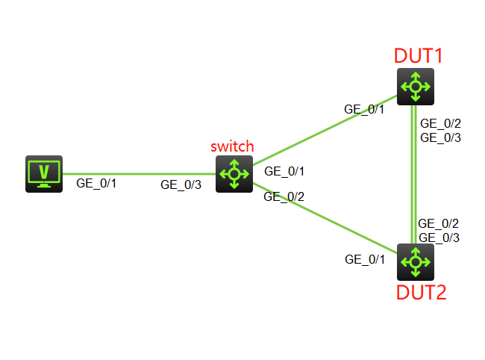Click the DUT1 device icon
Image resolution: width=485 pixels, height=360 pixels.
[415, 86]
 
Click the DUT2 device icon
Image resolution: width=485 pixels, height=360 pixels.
[415, 261]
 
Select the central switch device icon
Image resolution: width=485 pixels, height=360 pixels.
[234, 174]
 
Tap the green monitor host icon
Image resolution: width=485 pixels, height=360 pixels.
[44, 174]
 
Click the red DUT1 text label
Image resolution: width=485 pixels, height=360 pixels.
[419, 55]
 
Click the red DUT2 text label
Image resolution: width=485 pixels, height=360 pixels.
[420, 292]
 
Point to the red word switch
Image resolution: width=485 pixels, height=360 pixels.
[232, 146]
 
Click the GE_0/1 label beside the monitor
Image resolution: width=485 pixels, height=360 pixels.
[96, 182]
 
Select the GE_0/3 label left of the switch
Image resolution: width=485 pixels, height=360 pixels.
[181, 185]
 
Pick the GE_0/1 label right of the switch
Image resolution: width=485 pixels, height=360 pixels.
[284, 172]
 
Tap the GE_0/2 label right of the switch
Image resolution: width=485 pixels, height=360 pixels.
[284, 197]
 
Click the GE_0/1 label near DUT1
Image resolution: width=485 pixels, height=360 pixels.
[364, 109]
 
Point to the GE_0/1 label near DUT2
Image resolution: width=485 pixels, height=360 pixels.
[365, 259]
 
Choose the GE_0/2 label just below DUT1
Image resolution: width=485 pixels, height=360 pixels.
[440, 123]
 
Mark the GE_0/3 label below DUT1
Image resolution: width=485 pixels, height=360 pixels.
[440, 137]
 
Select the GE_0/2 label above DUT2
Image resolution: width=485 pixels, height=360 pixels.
[439, 223]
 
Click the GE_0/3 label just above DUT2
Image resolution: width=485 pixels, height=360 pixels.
[439, 238]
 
